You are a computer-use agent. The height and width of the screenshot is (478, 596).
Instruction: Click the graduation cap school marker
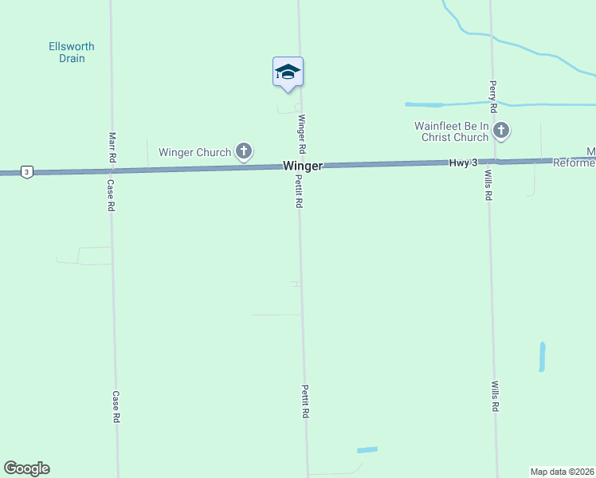[288, 72]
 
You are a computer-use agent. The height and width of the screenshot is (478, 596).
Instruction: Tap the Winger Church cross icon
[244, 151]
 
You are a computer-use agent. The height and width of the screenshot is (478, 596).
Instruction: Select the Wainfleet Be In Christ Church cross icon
[501, 131]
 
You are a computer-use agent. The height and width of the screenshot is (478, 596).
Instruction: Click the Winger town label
[303, 166]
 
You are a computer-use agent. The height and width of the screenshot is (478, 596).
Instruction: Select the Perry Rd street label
[493, 96]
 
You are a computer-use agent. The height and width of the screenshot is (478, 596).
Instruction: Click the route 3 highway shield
[27, 172]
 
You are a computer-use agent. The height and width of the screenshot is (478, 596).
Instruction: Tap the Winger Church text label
[194, 152]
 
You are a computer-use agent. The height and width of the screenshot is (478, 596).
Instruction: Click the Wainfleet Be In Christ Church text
[451, 131]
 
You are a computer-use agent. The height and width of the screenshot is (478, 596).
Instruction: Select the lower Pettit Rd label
[305, 402]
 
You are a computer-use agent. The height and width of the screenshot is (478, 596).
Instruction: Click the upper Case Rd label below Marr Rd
[112, 194]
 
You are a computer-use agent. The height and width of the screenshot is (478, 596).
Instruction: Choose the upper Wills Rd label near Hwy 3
[488, 185]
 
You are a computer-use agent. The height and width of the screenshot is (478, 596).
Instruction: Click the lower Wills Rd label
[495, 396]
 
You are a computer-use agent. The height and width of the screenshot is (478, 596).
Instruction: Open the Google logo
[26, 468]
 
